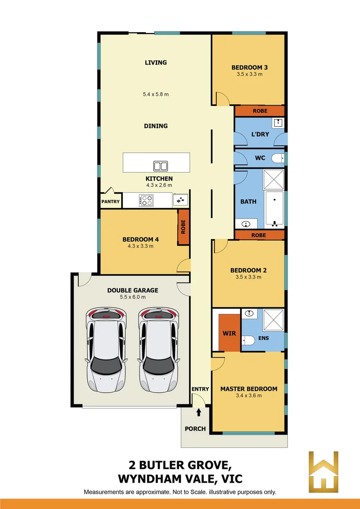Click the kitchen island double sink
tap(160, 165)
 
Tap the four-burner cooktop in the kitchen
tap(146, 200)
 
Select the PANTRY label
tap(111, 201)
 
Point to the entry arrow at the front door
tap(199, 412)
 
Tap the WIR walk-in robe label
tap(229, 333)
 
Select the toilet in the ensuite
tap(249, 340)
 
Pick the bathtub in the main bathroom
tap(274, 209)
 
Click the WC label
tap(260, 157)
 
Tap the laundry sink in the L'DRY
tap(278, 123)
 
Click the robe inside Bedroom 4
tap(183, 227)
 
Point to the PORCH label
tap(196, 428)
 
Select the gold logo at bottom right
tap(323, 472)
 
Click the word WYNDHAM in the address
tap(151, 479)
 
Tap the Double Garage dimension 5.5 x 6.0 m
tap(132, 297)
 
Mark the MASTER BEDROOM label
tap(249, 389)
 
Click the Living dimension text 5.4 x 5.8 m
tap(155, 94)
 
